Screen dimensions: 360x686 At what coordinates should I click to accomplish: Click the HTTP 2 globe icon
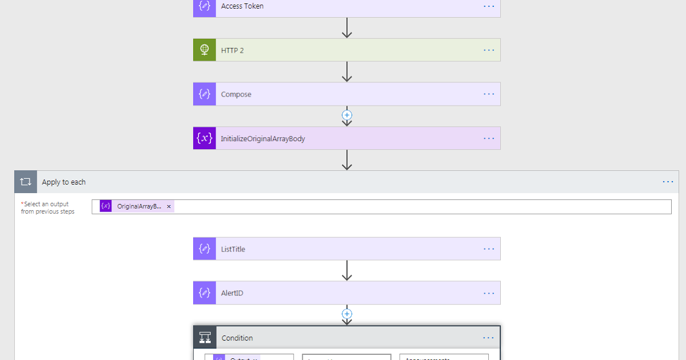pos(205,50)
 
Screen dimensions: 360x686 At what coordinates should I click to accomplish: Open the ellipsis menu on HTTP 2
pos(489,50)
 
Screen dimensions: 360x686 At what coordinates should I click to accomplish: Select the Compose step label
pos(236,94)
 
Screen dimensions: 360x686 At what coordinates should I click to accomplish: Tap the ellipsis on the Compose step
pos(489,94)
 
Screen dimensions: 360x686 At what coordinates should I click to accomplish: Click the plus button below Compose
pos(346,115)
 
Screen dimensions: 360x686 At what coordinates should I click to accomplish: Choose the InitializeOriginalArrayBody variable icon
pos(205,138)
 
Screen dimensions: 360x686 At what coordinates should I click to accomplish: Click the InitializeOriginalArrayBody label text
pos(263,138)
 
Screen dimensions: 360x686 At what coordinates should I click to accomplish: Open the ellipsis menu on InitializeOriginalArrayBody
pos(489,138)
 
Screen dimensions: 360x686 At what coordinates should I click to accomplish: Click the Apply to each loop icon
pos(26,182)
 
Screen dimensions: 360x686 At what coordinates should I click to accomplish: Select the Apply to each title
pos(63,182)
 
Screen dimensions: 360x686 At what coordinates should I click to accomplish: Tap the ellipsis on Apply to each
pos(668,182)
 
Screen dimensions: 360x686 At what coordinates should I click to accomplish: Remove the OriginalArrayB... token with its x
pos(169,206)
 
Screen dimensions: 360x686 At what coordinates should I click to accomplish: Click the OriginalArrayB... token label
pos(139,206)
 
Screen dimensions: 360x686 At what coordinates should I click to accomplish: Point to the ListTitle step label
pos(233,249)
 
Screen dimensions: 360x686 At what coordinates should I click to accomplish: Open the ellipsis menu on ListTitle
pos(489,249)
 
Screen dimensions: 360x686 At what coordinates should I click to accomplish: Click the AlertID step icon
pos(205,293)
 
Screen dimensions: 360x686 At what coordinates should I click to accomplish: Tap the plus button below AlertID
pos(346,314)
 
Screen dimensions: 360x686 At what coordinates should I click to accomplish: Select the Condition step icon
pos(205,338)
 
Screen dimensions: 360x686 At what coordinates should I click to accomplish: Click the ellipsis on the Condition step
pos(488,338)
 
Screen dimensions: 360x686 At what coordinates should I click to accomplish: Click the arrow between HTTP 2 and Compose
pos(346,71)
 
